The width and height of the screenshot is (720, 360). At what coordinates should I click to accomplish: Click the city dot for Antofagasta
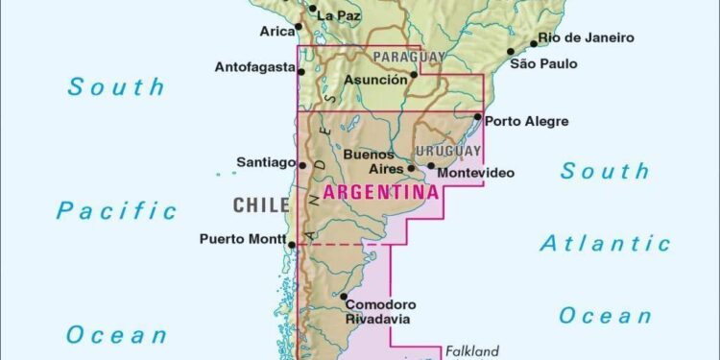(x=301, y=69)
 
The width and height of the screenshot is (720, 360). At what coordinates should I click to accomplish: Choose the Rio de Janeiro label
(x=586, y=37)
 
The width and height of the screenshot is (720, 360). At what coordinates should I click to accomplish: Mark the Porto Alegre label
(x=527, y=121)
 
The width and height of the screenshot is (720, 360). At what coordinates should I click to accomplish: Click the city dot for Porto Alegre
(x=478, y=117)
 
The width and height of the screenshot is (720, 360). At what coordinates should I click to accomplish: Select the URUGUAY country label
(x=447, y=152)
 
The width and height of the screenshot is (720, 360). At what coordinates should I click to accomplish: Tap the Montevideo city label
(x=475, y=173)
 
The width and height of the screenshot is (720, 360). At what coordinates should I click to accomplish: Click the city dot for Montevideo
(x=431, y=166)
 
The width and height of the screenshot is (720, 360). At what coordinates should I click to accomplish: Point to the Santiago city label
(x=266, y=163)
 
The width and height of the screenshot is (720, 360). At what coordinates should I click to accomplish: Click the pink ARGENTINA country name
(x=381, y=191)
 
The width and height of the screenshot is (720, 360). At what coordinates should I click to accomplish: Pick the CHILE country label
(x=261, y=204)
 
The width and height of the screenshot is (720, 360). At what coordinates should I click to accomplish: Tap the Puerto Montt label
(x=243, y=239)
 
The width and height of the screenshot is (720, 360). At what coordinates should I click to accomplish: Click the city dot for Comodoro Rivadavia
(x=343, y=297)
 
